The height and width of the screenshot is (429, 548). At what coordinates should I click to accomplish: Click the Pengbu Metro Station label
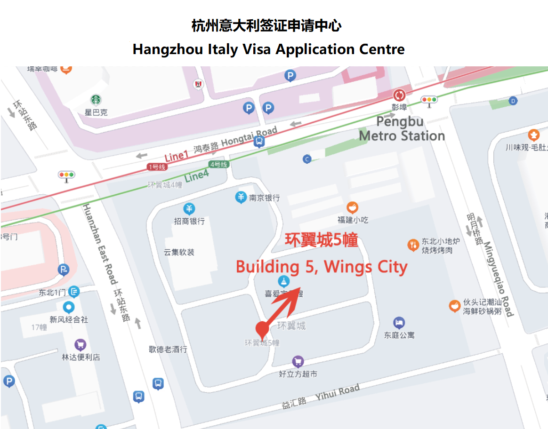point(402,129)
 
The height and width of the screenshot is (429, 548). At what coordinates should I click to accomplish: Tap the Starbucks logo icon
point(96,100)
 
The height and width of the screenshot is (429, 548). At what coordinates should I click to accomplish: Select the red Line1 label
point(176,156)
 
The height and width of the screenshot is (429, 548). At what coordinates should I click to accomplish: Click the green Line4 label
point(196,175)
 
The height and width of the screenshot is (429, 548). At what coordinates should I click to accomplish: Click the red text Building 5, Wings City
point(322,267)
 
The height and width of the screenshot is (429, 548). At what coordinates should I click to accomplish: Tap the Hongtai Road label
point(249,136)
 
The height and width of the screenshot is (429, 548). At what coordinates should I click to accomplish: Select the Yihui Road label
point(338,392)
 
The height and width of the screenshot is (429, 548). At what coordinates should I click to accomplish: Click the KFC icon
point(199,84)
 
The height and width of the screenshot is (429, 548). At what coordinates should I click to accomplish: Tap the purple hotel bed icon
point(399,323)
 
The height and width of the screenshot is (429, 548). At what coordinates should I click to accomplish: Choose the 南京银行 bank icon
point(241,198)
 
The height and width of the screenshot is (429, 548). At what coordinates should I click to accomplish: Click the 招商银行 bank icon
point(189,209)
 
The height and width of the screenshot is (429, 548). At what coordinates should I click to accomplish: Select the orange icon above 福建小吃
point(352,207)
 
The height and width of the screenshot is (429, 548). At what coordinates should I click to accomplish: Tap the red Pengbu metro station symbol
point(399,95)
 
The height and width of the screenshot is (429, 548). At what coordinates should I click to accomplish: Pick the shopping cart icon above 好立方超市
point(298,362)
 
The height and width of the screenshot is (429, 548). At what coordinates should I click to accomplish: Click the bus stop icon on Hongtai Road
point(258,142)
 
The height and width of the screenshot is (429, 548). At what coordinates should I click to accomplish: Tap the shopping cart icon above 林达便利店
point(81,345)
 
